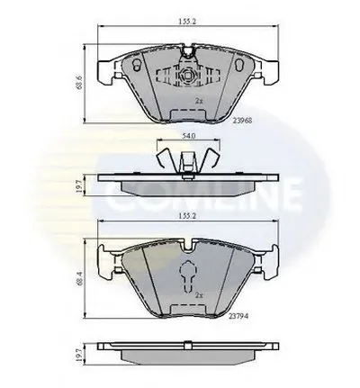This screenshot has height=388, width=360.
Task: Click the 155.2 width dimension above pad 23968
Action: click(x=187, y=22)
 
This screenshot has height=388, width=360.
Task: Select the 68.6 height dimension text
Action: click(x=79, y=82)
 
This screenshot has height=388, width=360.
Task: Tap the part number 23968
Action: click(x=242, y=121)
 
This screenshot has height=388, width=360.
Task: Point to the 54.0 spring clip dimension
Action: click(x=189, y=136)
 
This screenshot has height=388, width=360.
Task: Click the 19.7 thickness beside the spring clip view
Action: click(x=79, y=186)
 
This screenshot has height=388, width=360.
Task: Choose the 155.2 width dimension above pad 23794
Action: click(x=187, y=216)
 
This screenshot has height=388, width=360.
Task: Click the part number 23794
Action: click(x=239, y=316)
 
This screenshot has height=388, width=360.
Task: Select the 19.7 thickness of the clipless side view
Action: click(x=79, y=355)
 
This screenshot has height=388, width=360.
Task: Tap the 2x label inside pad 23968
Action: click(x=199, y=101)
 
